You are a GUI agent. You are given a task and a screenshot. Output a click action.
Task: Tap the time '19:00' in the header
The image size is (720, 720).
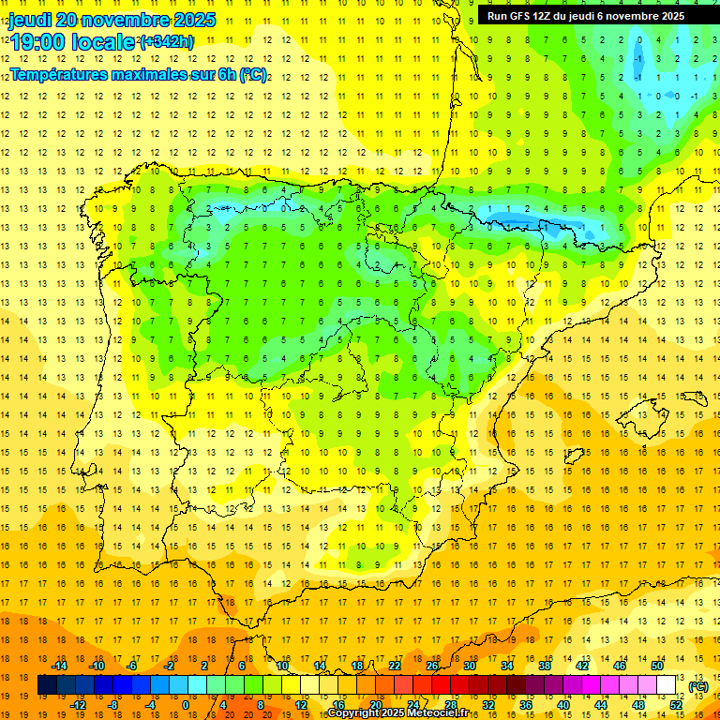coord(37,42)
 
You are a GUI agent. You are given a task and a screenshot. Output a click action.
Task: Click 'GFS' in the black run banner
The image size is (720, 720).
coord(519,16)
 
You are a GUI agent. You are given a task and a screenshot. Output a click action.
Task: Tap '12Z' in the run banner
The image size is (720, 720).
coord(546,16)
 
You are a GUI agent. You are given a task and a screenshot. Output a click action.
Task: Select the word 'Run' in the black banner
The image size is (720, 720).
coord(497,16)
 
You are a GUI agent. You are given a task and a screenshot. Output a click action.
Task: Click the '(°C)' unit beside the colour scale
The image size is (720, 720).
coord(698,686)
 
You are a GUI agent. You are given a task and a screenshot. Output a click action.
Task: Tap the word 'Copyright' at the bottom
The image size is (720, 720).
coord(352,713)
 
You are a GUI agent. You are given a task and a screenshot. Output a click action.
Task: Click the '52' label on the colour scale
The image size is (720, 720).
coord(676,705)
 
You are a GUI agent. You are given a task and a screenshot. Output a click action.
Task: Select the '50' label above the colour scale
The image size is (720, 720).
coord(657,666)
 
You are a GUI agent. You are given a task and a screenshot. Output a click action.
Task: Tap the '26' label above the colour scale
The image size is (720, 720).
coord(432,666)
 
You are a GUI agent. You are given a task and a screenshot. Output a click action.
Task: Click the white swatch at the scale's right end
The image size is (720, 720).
coord(667,685)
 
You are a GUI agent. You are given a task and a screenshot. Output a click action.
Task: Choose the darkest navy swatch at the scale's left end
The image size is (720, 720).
coord(47,685)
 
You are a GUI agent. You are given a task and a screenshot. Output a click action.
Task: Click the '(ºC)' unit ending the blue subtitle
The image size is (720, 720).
coord(252,74)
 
